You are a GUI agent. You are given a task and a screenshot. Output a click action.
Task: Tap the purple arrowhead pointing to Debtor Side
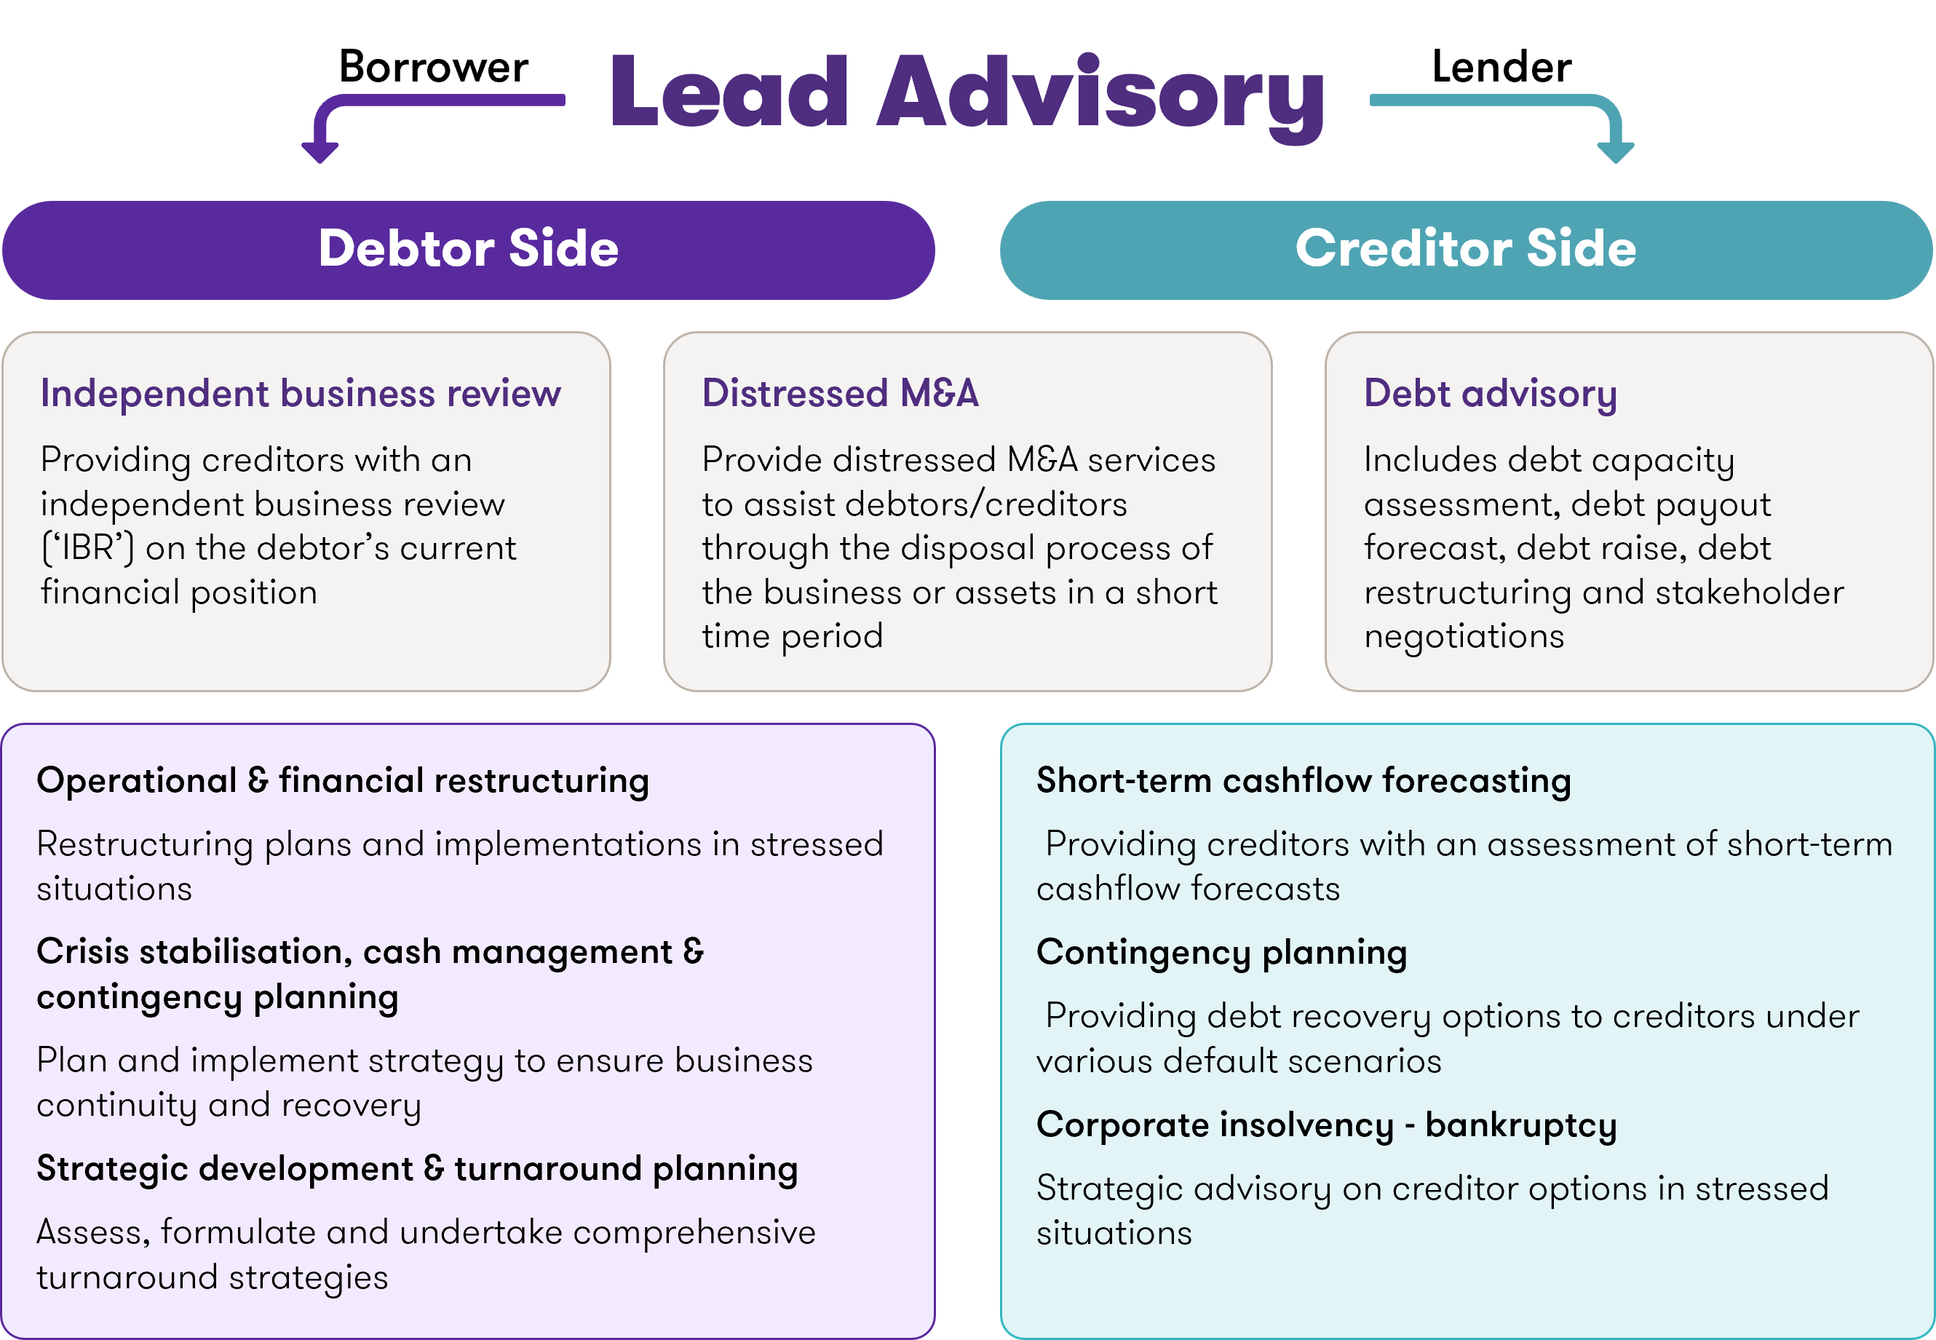pos(320,152)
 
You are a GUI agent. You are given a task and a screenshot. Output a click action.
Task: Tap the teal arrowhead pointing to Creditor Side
pos(1615,152)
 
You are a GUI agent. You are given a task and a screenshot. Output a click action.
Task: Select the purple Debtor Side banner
pos(469,250)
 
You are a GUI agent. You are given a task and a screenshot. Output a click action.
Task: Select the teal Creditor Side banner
pos(1466,250)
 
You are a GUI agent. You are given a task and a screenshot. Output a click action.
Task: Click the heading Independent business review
pos(301,394)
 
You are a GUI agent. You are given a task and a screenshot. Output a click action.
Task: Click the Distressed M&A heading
pos(841,394)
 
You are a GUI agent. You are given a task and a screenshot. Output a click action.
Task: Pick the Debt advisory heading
pos(1490,394)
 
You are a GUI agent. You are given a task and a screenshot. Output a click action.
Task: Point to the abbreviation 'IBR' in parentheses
pos(87,548)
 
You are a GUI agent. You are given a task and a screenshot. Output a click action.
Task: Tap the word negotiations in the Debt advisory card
pos(1464,636)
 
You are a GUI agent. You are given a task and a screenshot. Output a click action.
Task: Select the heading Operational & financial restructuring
pos(343,781)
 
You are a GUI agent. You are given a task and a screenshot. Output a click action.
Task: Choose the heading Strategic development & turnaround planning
pos(416,1169)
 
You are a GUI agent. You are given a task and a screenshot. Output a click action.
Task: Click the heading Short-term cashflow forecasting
pos(1303,781)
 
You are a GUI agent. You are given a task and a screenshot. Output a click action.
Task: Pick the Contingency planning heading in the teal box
pos(1221,953)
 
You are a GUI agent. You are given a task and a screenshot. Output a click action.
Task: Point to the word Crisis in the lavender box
pos(82,952)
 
